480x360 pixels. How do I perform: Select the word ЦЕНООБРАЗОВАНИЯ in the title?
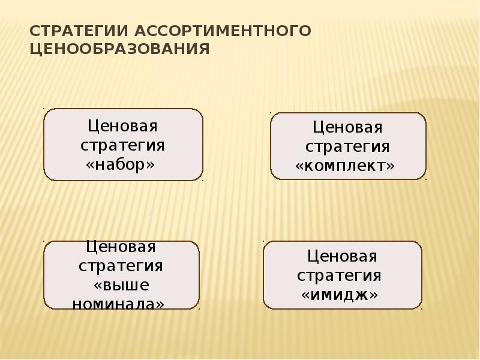(119, 49)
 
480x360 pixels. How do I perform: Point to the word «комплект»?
(346, 165)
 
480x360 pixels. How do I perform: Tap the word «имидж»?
(340, 295)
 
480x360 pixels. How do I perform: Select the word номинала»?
(118, 304)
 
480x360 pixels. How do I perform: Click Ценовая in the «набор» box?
(122, 127)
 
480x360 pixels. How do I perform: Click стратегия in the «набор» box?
(122, 146)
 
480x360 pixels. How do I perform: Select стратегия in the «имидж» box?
(340, 275)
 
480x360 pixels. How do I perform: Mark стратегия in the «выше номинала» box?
(121, 266)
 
